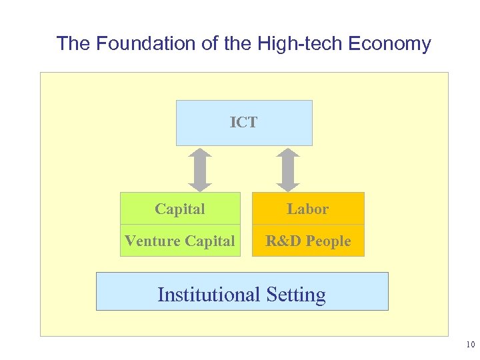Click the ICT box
point(244,133)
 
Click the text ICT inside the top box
point(243,122)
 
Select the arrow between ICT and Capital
point(199,169)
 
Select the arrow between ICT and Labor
point(288,169)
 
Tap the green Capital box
point(180,209)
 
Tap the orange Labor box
point(308,209)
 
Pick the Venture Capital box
point(180,241)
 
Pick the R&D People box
point(308,241)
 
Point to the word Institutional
point(209,295)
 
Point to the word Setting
point(295,295)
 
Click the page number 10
point(470,345)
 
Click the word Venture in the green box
point(149,241)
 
